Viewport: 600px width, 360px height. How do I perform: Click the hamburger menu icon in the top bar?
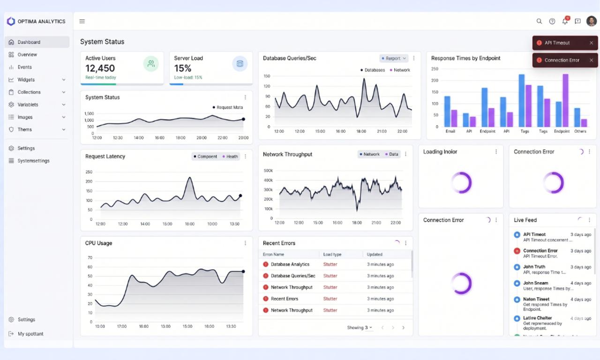tap(82, 21)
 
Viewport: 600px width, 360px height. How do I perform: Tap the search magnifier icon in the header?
tap(539, 21)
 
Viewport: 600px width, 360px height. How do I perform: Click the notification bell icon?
tap(565, 21)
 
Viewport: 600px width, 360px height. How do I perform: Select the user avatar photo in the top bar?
tap(592, 21)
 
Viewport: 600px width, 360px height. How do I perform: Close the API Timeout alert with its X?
tap(591, 43)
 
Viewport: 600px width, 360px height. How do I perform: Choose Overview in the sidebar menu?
tap(27, 54)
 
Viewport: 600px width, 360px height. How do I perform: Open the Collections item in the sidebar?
tap(29, 92)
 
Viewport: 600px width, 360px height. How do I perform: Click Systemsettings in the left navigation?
tap(33, 161)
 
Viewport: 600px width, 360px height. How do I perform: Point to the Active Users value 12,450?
tap(100, 68)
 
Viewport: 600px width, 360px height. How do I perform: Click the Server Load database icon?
tap(240, 64)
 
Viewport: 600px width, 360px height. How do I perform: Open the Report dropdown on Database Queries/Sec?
tap(393, 59)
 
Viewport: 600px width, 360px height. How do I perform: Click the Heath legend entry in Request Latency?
tap(230, 157)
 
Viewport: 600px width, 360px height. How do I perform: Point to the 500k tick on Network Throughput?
tap(268, 171)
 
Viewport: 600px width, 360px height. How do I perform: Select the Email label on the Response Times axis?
tap(450, 131)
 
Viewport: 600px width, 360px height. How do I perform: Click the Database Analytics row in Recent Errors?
tap(290, 264)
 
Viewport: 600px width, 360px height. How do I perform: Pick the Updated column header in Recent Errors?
tap(375, 255)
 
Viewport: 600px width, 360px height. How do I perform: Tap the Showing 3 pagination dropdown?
tap(360, 328)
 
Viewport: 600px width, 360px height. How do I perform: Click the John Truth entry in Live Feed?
tap(534, 267)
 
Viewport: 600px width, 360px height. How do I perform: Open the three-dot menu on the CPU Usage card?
tap(245, 243)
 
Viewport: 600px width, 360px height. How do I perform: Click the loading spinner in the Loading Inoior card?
tap(461, 183)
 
